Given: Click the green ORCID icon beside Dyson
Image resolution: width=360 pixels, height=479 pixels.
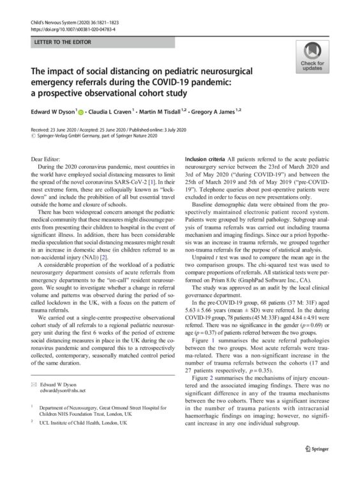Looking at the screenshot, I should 80,112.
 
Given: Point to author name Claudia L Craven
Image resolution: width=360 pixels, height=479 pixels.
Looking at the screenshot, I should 111,112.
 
